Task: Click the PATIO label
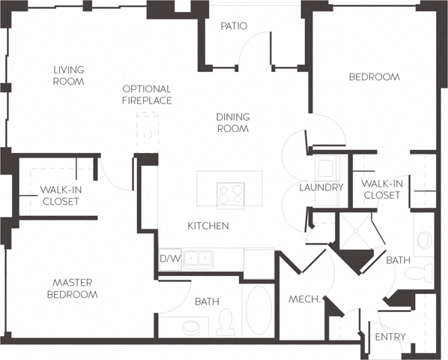pos(234,26)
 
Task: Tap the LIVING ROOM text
pos(68,76)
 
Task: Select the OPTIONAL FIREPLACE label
pos(147,94)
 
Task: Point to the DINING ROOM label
pos(233,122)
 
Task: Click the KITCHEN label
pos(208,226)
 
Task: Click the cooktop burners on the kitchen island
pos(230,195)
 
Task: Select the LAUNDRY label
pos(321,187)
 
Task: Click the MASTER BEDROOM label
pos(73,289)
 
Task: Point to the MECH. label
pos(305,300)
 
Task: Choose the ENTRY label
pos(390,337)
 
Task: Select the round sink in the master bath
pos(192,328)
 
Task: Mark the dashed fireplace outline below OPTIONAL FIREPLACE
pos(148,133)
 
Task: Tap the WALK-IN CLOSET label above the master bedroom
pos(60,195)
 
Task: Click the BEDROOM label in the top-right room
pos(375,76)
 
